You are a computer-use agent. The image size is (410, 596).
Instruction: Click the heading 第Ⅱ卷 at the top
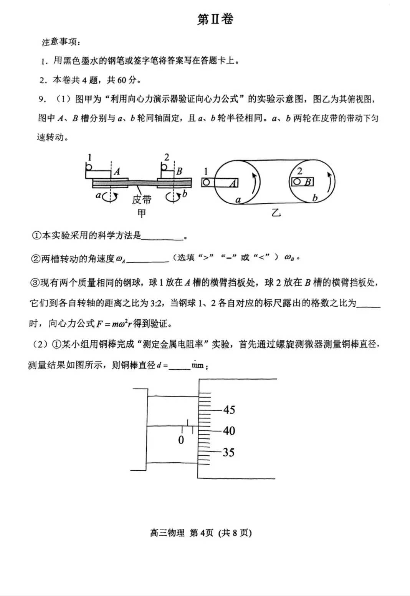click(215, 19)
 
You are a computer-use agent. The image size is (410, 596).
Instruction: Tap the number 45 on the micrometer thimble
click(229, 410)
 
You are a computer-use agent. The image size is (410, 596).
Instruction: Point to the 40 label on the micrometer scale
click(229, 431)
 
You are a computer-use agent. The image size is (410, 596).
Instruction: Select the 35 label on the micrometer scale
click(228, 452)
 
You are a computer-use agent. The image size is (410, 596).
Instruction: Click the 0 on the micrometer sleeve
click(181, 440)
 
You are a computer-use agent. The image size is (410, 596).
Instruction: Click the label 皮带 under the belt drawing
click(142, 199)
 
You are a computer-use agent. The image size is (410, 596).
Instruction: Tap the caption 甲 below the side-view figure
click(142, 213)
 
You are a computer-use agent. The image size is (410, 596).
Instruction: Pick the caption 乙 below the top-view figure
click(276, 212)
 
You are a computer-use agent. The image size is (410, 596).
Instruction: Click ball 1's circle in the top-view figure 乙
click(206, 183)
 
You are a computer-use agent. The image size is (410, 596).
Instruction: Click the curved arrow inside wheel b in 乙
click(329, 183)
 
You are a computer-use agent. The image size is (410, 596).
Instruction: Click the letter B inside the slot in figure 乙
click(308, 182)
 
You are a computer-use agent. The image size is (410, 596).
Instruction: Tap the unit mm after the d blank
click(197, 365)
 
